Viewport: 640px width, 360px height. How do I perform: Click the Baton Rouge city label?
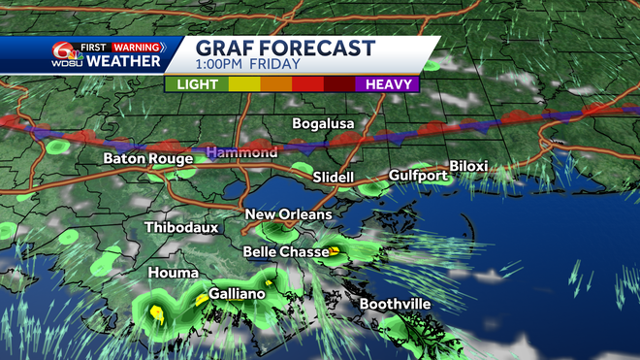coord(148,158)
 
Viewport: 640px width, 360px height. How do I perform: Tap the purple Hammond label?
coord(240,153)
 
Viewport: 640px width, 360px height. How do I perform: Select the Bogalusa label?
coord(325,124)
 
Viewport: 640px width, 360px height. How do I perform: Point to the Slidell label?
coord(334,178)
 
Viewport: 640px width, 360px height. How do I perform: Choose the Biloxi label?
coord(468,166)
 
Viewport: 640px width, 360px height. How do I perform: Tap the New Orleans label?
coord(288,214)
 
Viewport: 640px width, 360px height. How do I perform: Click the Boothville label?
coord(395,305)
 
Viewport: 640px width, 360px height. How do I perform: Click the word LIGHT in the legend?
coord(196,84)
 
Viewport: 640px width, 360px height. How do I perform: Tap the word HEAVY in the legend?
coord(391,84)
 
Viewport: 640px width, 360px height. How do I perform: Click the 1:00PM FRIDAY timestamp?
coord(240,66)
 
